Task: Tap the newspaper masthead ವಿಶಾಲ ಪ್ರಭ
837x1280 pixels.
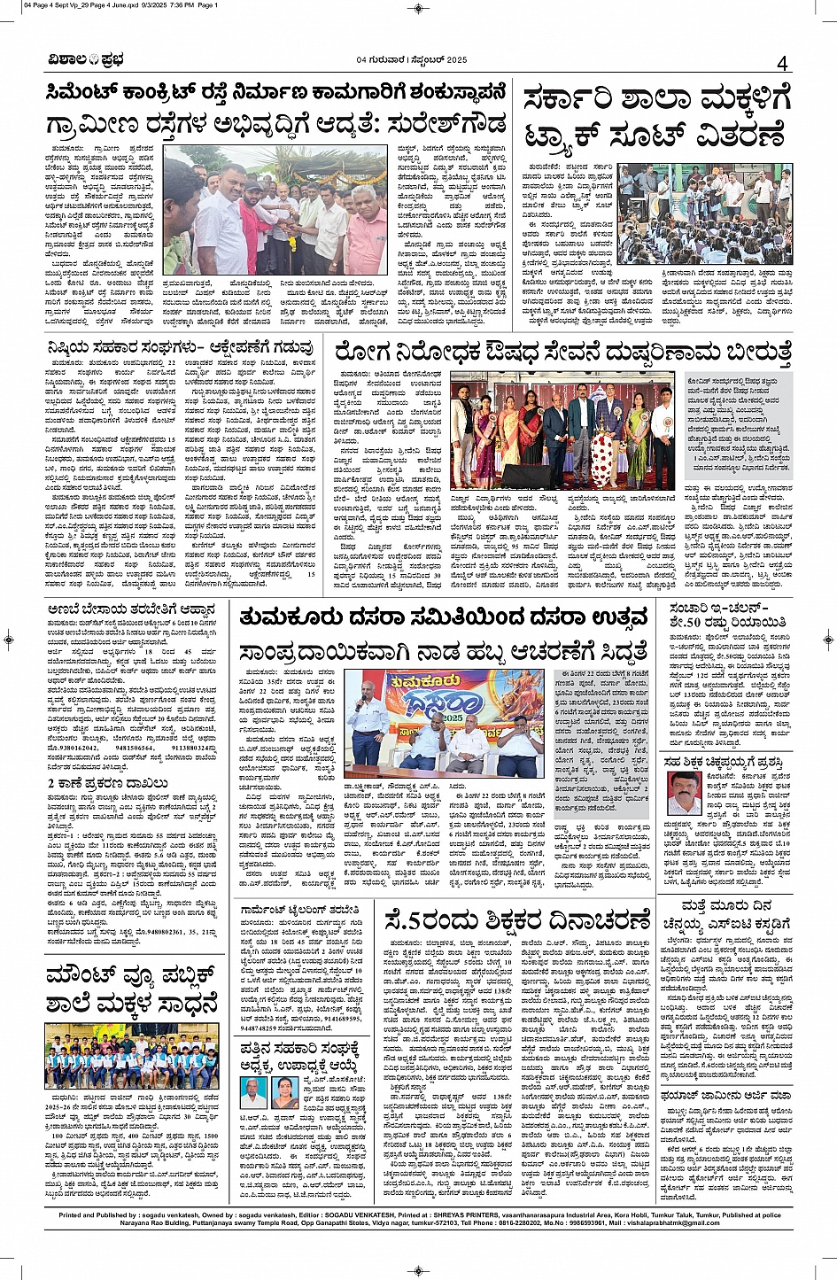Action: click(86, 60)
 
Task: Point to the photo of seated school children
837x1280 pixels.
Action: click(704, 213)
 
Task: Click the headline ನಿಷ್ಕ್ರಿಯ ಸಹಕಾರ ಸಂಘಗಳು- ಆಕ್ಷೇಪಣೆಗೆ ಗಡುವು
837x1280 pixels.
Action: click(180, 347)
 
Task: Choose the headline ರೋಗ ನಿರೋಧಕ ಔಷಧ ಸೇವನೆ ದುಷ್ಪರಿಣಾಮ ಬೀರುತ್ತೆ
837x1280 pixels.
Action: click(562, 351)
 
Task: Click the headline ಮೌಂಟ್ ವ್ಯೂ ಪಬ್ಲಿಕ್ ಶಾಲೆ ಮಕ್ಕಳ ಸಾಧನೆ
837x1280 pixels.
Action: click(131, 991)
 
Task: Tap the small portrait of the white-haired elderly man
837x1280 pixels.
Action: click(253, 1092)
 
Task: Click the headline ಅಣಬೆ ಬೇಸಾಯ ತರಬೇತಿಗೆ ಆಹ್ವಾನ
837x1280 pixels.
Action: click(132, 610)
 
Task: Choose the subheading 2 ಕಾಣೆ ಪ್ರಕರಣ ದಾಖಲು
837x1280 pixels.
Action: click(108, 783)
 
